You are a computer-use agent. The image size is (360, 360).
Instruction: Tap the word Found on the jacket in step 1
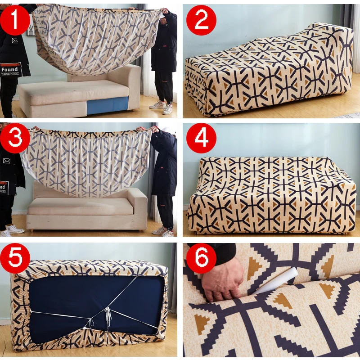pyautogui.click(x=9, y=70)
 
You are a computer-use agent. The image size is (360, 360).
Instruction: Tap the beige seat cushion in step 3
pyautogui.click(x=81, y=207)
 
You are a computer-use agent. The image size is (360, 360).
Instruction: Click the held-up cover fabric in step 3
pyautogui.click(x=85, y=162)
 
